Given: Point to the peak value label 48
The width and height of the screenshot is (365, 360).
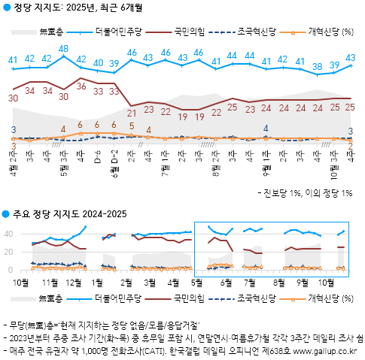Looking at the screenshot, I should (64, 48).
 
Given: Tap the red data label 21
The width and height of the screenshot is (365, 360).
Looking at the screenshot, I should (132, 113).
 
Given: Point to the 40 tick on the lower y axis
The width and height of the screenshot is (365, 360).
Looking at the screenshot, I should (11, 234).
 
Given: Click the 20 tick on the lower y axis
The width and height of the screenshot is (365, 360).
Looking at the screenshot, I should (11, 252).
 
